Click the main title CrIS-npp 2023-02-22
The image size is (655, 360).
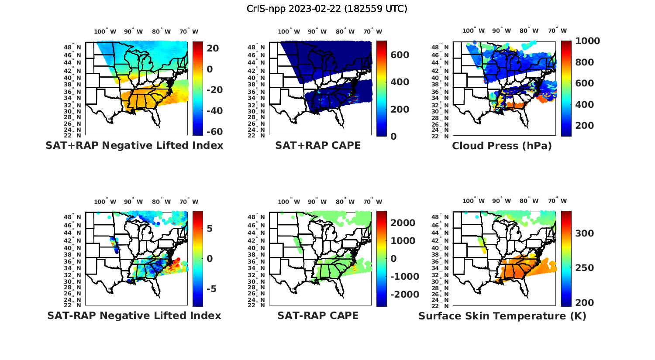pyautogui.click(x=327, y=9)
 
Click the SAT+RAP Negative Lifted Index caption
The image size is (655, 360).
pyautogui.click(x=134, y=145)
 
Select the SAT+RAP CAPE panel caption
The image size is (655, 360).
pyautogui.click(x=318, y=145)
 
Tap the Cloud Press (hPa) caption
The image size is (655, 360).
pyautogui.click(x=502, y=146)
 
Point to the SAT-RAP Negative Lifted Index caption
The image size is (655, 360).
pyautogui.click(x=134, y=315)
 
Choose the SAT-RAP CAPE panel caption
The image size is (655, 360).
pyautogui.click(x=318, y=315)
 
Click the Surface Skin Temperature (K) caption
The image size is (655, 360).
pyautogui.click(x=502, y=316)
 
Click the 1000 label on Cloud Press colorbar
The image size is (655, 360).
pyautogui.click(x=587, y=41)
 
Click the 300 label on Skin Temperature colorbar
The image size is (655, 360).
pyautogui.click(x=585, y=233)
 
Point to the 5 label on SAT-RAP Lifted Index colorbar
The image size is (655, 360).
pyautogui.click(x=209, y=229)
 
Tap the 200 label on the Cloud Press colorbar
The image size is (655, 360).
pyautogui.click(x=584, y=126)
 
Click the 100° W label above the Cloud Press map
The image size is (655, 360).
pyautogui.click(x=474, y=31)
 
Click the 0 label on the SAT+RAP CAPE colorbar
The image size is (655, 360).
pyautogui.click(x=393, y=137)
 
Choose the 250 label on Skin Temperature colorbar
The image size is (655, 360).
pyautogui.click(x=585, y=268)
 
